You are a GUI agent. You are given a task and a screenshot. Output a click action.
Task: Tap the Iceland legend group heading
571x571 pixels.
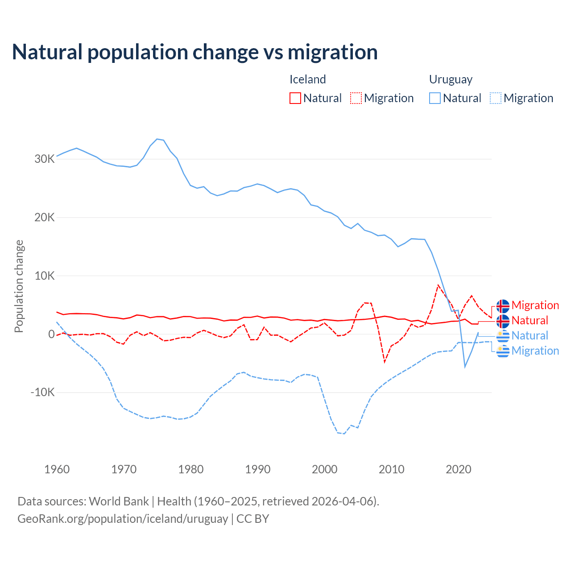(308, 79)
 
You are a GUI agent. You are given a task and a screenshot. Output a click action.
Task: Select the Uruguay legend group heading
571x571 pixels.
(451, 79)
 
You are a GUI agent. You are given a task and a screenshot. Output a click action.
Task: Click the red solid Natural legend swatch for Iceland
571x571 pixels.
(295, 98)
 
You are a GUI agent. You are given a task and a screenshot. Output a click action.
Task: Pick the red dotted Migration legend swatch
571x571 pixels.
(356, 98)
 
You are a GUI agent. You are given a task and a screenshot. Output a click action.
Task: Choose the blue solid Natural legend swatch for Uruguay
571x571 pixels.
(435, 98)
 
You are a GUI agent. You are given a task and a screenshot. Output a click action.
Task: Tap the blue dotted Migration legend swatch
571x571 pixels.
(496, 98)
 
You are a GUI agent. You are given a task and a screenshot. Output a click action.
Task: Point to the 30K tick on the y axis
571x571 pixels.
(45, 159)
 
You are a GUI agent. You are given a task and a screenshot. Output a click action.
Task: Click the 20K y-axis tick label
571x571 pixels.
(45, 218)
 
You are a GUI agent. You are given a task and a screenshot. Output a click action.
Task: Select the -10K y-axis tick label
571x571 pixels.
(42, 393)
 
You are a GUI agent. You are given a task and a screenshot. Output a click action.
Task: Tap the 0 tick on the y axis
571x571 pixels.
(51, 334)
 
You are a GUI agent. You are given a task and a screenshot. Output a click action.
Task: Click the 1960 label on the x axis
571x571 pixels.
(57, 469)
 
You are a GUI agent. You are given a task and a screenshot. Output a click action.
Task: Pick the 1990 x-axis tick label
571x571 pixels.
(258, 469)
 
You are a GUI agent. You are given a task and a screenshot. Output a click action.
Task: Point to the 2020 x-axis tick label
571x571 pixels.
(459, 469)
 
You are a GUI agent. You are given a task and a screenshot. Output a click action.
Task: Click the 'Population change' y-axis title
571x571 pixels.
(19, 286)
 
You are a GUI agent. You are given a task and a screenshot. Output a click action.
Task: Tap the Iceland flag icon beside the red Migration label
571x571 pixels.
(503, 306)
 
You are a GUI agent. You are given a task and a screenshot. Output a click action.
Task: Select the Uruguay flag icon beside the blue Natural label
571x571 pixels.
(503, 336)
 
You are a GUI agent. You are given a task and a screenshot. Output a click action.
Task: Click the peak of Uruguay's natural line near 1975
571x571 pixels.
(157, 139)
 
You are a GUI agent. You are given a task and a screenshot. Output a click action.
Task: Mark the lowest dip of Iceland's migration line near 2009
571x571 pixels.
(385, 362)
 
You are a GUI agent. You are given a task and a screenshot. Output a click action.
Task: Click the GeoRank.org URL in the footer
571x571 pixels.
(123, 519)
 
